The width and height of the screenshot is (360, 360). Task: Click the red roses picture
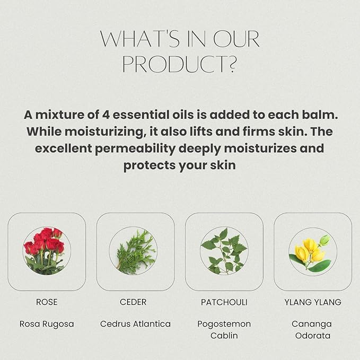pyautogui.click(x=46, y=251)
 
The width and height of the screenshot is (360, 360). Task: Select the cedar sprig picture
pyautogui.click(x=135, y=251)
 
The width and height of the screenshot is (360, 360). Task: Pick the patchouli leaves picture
pyautogui.click(x=224, y=251)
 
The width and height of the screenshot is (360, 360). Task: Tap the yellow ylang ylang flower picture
pyautogui.click(x=312, y=251)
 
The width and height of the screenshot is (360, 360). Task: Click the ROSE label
pyautogui.click(x=47, y=302)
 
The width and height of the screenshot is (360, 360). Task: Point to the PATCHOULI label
pyautogui.click(x=224, y=302)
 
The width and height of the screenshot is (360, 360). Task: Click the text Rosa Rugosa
pyautogui.click(x=47, y=323)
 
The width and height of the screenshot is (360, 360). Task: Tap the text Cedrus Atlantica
pyautogui.click(x=135, y=323)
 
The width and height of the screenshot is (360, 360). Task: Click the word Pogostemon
pyautogui.click(x=224, y=323)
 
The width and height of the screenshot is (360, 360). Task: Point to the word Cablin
pyautogui.click(x=224, y=336)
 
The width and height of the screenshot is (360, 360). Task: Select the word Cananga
pyautogui.click(x=312, y=323)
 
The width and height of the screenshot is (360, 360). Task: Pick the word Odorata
pyautogui.click(x=312, y=336)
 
